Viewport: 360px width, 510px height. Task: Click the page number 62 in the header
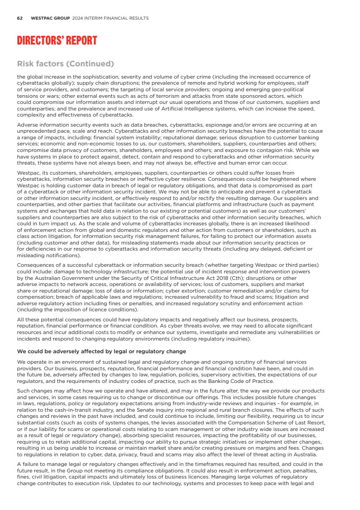click(20, 18)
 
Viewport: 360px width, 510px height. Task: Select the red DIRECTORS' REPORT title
click(57, 41)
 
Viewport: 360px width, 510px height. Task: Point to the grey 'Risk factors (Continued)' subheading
click(65, 64)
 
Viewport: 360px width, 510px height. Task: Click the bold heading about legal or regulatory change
click(101, 351)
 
